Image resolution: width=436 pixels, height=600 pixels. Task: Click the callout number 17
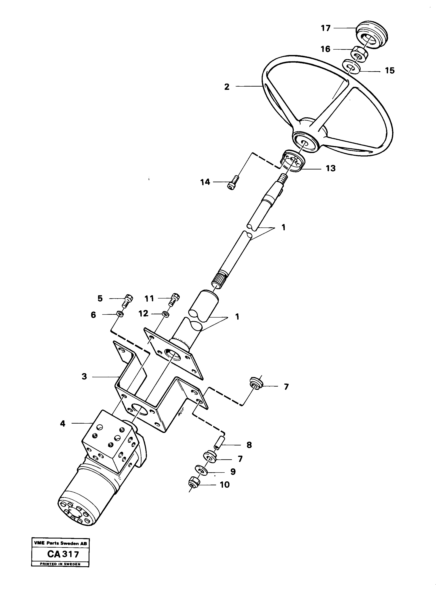(326, 28)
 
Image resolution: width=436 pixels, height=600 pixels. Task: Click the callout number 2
(227, 87)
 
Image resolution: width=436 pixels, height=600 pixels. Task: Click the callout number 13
(331, 168)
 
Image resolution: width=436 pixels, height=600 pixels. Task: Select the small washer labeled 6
(120, 314)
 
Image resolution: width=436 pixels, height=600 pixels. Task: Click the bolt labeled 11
(174, 300)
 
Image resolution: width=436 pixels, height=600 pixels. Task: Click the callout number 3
(84, 376)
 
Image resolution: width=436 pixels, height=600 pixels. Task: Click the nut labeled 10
(194, 483)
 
